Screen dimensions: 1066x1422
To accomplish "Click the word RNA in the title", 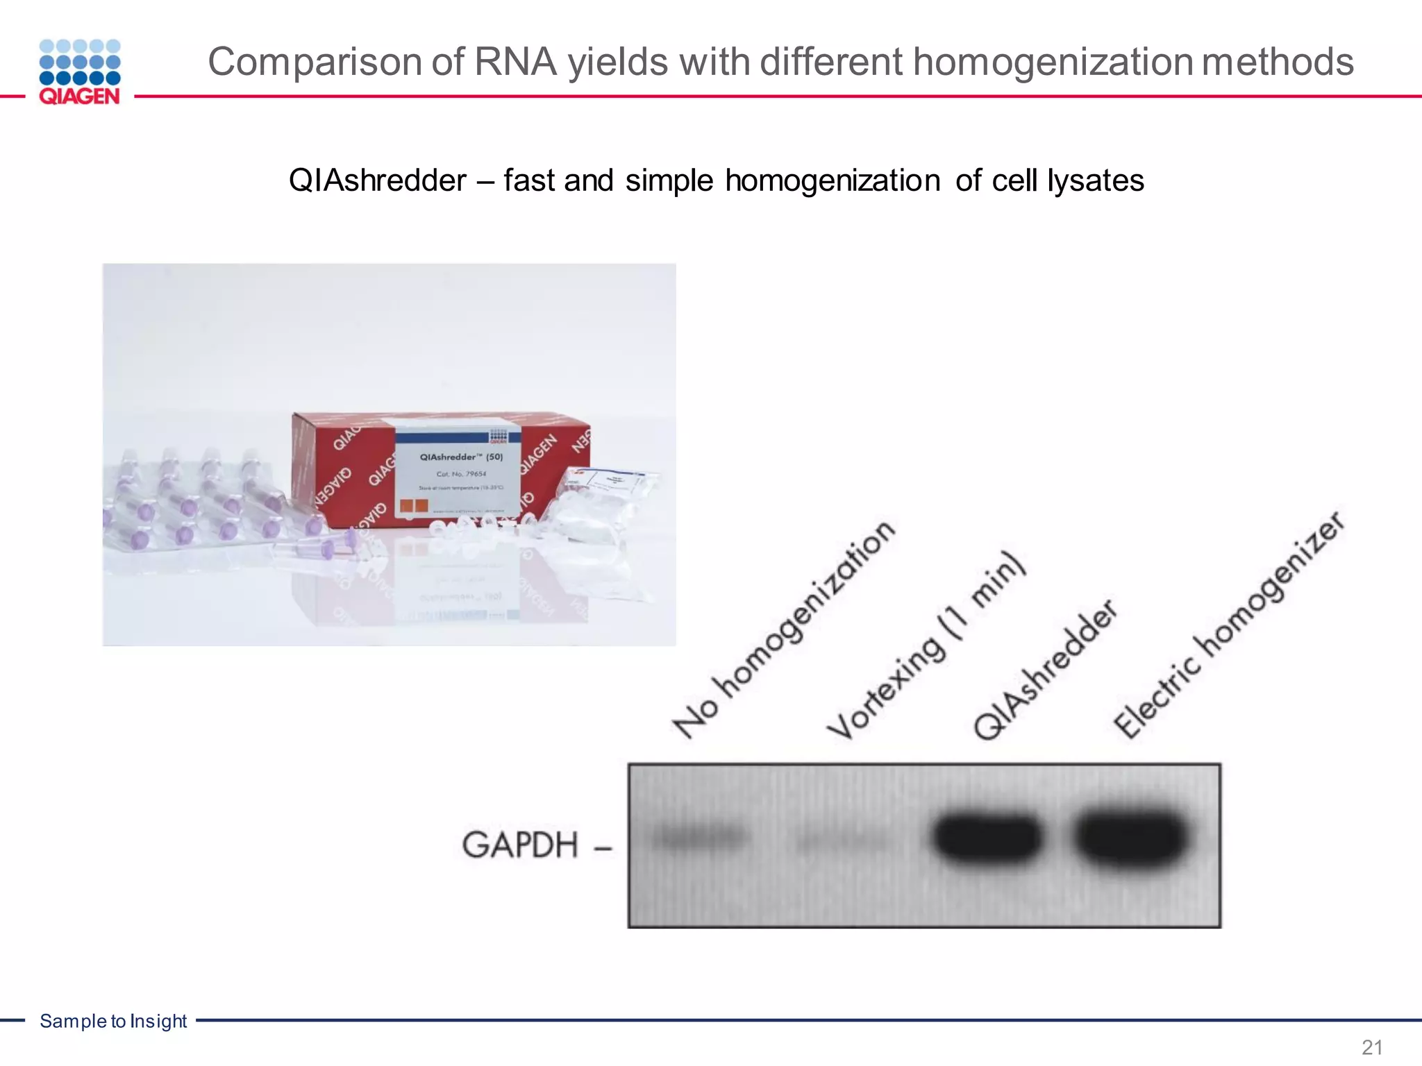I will click(515, 62).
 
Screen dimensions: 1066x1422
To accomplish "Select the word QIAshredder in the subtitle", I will click(377, 180).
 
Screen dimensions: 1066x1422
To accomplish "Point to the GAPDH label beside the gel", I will click(520, 845).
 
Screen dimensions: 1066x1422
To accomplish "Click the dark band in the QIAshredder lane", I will click(987, 837).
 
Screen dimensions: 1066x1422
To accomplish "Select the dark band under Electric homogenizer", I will click(1130, 838).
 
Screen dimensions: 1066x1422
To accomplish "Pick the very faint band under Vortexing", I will click(843, 843).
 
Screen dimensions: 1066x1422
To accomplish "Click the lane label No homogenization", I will click(783, 630).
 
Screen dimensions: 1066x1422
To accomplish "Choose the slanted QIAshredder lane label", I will click(1045, 670).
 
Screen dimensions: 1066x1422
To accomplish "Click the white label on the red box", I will click(458, 472).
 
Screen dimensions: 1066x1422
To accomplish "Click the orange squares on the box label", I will click(413, 505).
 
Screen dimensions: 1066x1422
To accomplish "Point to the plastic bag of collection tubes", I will click(601, 507).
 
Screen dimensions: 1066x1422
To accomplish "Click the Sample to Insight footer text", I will click(113, 1021).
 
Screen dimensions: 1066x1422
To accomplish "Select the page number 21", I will click(1372, 1047).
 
